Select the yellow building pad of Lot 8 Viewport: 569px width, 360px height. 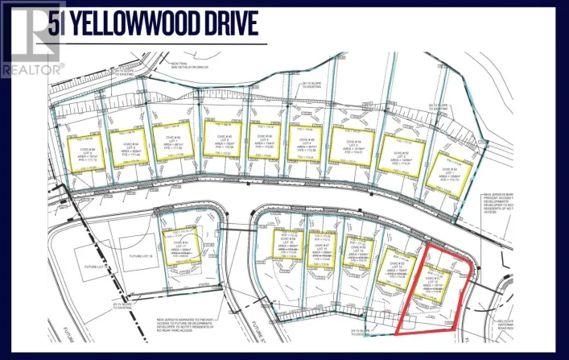127,145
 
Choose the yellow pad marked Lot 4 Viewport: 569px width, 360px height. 307,142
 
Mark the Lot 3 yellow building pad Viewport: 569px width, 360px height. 352,146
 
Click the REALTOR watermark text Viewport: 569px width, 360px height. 32,69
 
